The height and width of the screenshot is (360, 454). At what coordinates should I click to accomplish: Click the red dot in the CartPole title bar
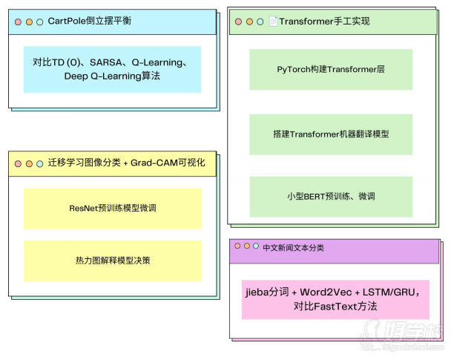18,22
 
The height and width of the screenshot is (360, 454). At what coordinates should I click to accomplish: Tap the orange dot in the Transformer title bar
249,22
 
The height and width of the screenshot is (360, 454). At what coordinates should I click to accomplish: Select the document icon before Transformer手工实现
273,21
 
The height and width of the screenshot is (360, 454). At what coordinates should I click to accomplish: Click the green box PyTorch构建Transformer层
331,70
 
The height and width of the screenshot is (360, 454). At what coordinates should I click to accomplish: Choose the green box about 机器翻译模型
331,134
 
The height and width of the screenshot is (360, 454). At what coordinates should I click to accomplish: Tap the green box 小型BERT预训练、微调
331,197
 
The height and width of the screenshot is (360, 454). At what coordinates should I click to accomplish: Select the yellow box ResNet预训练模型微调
113,209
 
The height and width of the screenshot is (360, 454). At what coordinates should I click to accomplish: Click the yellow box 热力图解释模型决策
113,261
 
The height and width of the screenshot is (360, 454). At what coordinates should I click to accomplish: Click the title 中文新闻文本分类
293,248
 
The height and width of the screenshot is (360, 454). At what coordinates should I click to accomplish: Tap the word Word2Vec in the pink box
326,292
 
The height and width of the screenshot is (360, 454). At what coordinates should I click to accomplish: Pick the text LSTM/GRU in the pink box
389,292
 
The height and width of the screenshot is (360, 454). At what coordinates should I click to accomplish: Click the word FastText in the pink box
335,307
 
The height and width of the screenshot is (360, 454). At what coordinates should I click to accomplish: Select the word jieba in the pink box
257,292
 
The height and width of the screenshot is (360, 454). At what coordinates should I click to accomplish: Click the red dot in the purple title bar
237,246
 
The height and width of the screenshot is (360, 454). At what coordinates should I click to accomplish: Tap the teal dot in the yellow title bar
40,164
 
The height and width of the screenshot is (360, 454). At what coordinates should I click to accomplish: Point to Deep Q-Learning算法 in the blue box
112,76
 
